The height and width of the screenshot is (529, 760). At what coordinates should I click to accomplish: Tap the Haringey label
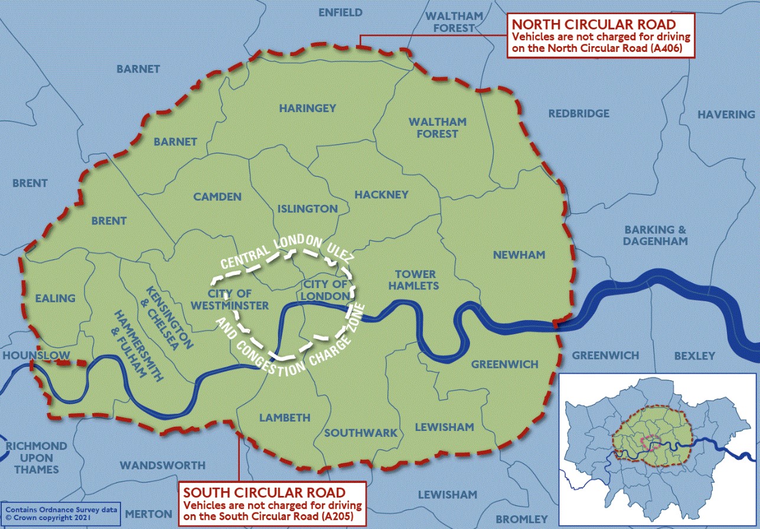pos(307,108)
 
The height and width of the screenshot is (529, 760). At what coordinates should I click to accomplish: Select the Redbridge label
pos(578,113)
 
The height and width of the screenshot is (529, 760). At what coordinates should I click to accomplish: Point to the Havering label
pos(726,115)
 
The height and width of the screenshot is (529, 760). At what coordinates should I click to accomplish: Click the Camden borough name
pos(217,197)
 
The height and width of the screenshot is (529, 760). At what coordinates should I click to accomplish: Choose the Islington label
pos(308,208)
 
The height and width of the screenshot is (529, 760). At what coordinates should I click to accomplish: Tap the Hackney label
pos(381,194)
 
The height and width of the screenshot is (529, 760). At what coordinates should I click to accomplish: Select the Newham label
pos(518,254)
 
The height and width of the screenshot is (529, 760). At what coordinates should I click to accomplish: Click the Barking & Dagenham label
pos(655,235)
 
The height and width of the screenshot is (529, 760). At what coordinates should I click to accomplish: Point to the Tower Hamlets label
pos(416,280)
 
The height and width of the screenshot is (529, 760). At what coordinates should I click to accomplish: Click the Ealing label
pos(56,298)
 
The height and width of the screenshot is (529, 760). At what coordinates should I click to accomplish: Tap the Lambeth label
pos(285,417)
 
